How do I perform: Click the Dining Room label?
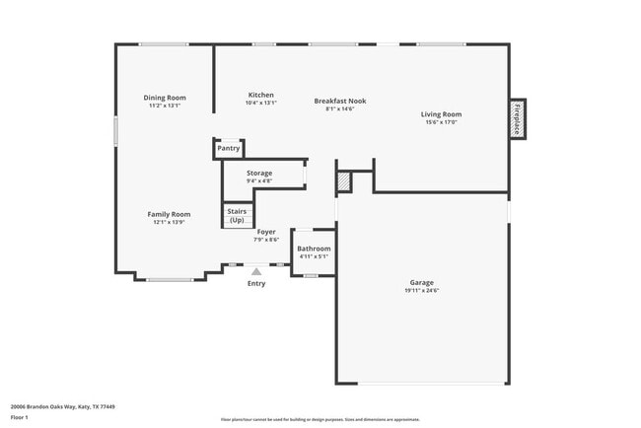[165, 98]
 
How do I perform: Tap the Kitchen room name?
[260, 95]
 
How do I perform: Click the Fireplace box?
[517, 119]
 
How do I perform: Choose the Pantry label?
[228, 149]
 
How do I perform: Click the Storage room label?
[259, 174]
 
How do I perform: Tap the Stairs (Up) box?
[237, 215]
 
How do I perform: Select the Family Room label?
[169, 214]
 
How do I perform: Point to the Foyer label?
[266, 232]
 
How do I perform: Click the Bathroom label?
[314, 249]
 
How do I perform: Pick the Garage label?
[421, 282]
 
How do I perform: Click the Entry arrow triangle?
[256, 269]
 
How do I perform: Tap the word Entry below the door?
[256, 284]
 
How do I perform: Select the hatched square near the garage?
[343, 181]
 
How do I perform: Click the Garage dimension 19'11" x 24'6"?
[421, 291]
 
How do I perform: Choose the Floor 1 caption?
[21, 417]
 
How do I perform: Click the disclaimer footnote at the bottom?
[320, 419]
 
